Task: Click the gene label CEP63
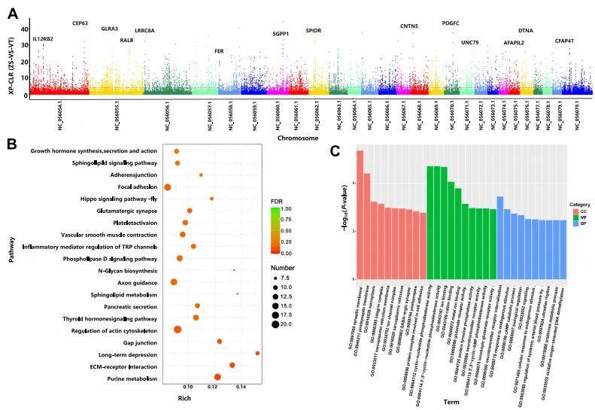[80, 23]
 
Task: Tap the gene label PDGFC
[451, 23]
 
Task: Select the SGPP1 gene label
[280, 34]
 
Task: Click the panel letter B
[12, 143]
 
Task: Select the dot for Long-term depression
[257, 353]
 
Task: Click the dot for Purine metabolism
[217, 377]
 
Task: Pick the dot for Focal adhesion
[168, 187]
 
